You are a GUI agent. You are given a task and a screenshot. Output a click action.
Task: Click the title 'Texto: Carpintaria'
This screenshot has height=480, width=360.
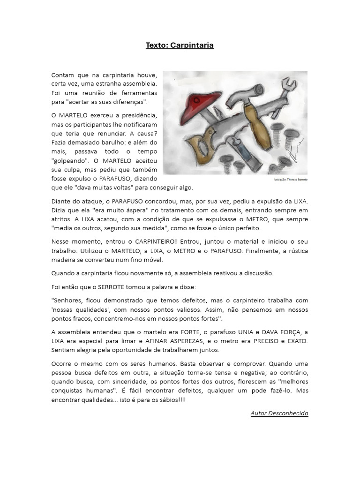180,45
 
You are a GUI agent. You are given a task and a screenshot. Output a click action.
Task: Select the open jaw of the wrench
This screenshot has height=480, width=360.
290,85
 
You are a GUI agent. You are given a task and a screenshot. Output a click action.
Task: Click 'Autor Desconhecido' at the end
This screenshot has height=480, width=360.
279,413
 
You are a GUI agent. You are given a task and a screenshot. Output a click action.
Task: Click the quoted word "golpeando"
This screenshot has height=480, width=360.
68,160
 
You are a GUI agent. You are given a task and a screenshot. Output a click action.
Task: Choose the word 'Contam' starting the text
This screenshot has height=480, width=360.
63,75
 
